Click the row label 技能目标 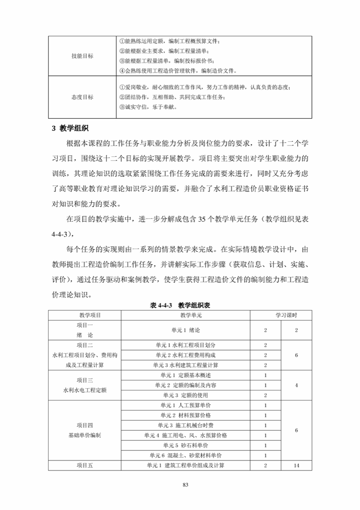click(x=82, y=56)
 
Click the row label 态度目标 click(x=82, y=97)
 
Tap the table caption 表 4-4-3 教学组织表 click(x=180, y=305)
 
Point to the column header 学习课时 click(x=280, y=315)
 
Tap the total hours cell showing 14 click(x=296, y=465)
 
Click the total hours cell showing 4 click(x=296, y=385)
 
